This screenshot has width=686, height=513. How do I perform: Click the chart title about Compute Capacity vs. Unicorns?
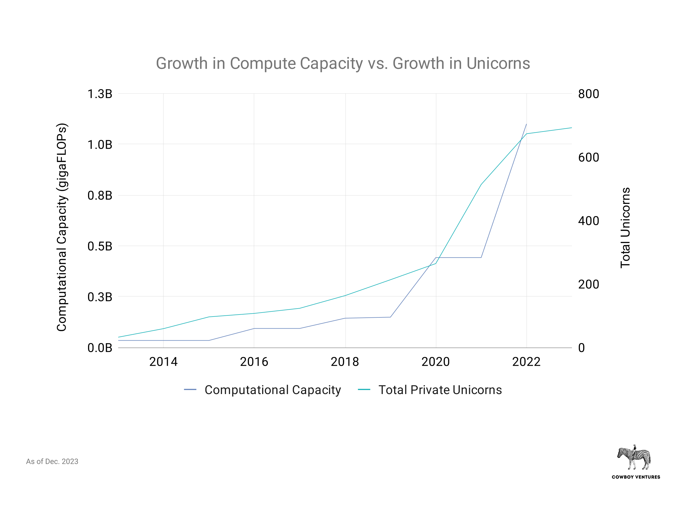pos(343,63)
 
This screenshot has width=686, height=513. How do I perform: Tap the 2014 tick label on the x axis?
pos(163,361)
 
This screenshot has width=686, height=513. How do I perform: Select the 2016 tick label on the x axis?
pos(254,361)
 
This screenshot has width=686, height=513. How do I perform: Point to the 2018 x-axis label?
pos(345,361)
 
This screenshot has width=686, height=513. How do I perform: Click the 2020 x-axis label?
pos(435,361)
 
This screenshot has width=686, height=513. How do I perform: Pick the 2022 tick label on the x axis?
pos(526,361)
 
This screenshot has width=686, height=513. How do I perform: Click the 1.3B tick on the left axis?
pos(100,94)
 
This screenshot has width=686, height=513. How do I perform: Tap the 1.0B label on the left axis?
pos(100,145)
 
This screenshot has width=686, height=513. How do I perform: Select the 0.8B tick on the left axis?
pos(100,196)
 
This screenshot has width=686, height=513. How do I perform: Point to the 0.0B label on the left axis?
pos(100,348)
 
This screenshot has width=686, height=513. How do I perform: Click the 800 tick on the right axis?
pos(588,94)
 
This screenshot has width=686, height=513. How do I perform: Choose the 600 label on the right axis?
pos(588,157)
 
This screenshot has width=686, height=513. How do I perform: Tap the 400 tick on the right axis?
pos(588,221)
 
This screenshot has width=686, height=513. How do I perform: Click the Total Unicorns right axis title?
pos(625,228)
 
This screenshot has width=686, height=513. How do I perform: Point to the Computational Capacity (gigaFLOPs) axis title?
pos(62,228)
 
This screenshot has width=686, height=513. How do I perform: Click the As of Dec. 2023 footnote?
pos(52,462)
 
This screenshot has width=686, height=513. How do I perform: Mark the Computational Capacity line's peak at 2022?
pos(526,124)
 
